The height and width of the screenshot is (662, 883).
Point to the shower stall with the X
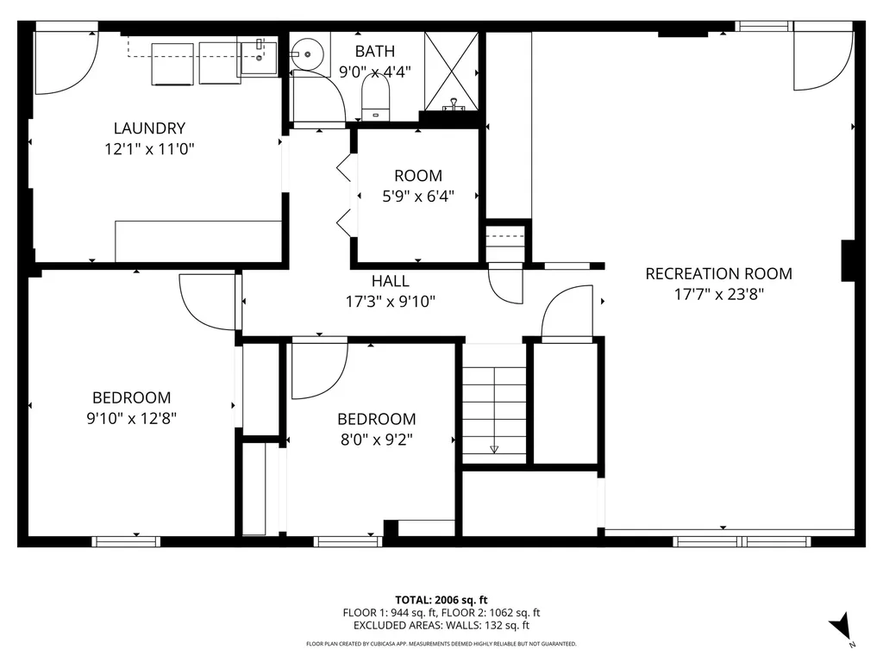click(x=450, y=72)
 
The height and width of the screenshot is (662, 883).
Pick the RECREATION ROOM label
click(x=718, y=274)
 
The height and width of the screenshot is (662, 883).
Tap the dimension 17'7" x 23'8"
click(x=718, y=294)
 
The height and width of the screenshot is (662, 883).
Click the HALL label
click(x=390, y=281)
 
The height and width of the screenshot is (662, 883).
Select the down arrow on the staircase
click(x=494, y=448)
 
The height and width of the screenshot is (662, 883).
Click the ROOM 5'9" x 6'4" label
click(x=418, y=176)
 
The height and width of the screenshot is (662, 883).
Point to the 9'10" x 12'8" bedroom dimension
click(x=131, y=418)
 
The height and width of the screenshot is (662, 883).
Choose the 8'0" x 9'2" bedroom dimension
click(x=376, y=440)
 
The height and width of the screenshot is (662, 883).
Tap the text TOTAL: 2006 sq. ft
click(x=441, y=599)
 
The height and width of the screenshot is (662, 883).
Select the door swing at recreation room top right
click(x=821, y=60)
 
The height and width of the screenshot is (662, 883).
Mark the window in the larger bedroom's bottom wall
click(x=126, y=541)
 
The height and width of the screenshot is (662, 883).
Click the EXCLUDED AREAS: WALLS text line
click(x=441, y=626)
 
